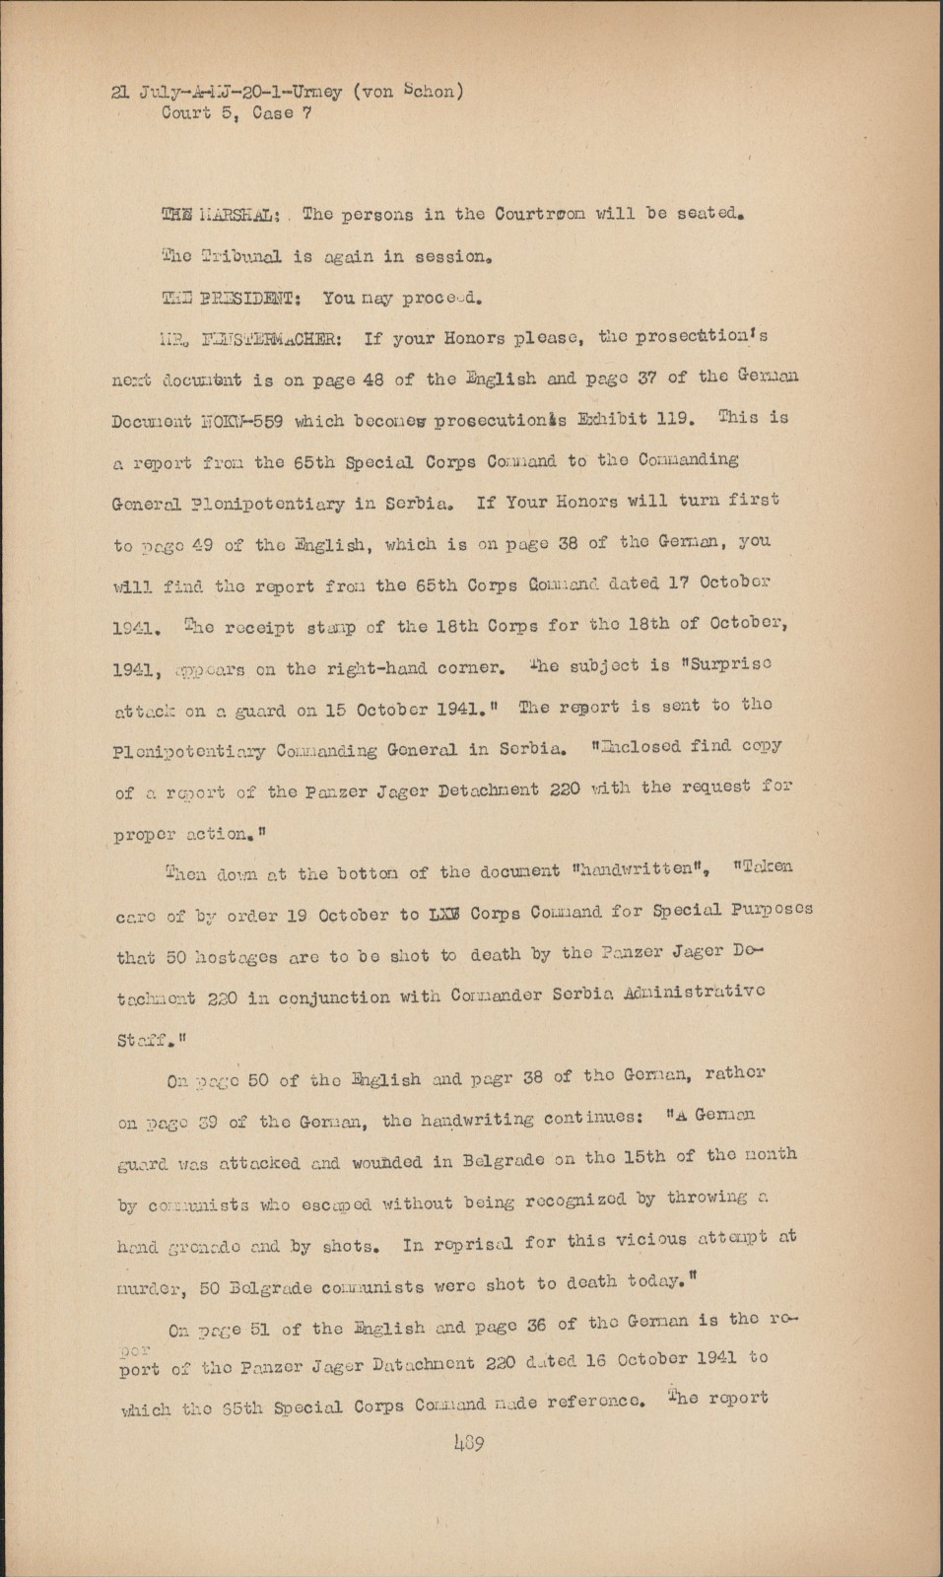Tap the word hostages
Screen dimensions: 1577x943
[240, 955]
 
